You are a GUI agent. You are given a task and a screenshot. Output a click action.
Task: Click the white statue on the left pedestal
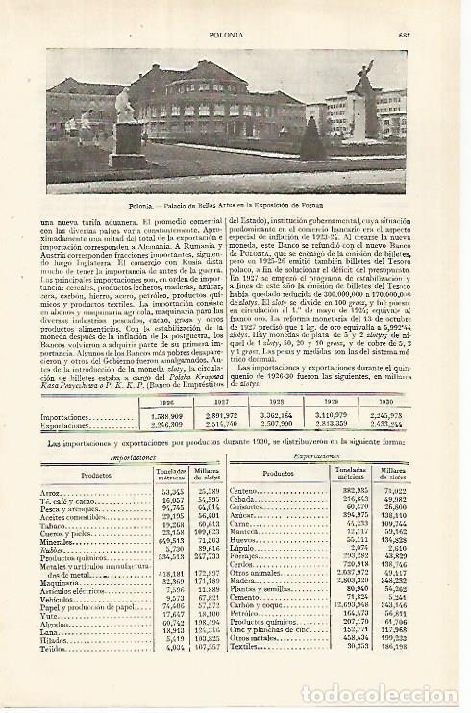point(124,106)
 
